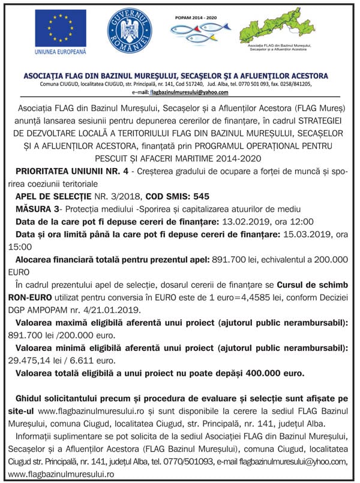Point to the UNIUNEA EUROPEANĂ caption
61,53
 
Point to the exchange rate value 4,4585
258,297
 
